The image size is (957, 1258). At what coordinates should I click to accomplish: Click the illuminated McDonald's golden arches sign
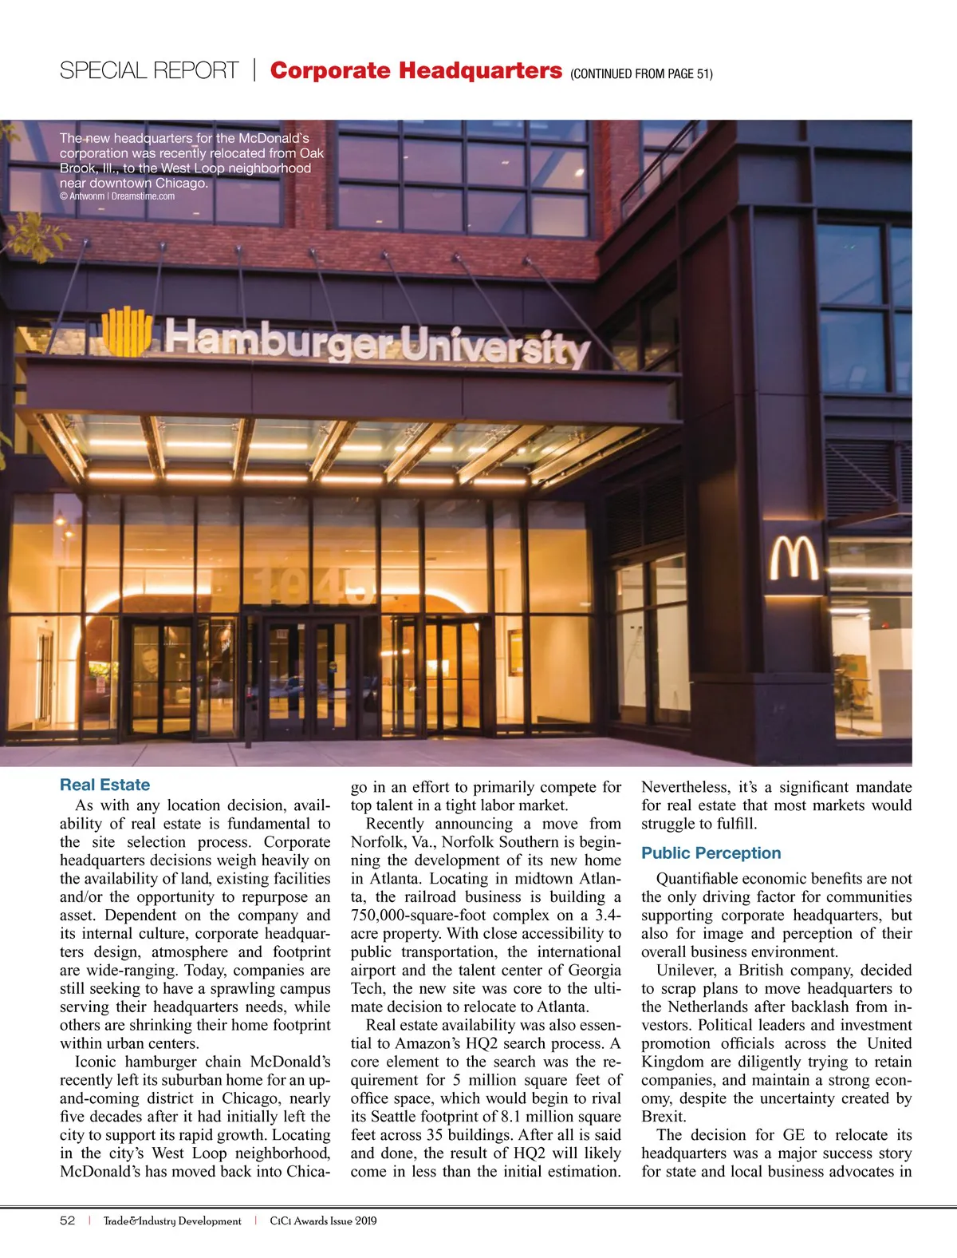pos(794,559)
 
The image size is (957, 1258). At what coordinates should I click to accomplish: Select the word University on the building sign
pos(494,346)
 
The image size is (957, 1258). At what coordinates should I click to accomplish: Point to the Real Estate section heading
pos(104,785)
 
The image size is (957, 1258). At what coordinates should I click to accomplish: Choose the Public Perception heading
pos(711,853)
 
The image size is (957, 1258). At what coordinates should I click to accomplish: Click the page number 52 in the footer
pos(67,1220)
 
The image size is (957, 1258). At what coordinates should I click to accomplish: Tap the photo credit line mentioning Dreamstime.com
pos(117,196)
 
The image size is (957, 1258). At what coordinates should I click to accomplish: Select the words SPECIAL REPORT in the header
pos(149,71)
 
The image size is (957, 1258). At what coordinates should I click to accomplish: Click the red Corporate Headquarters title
pos(415,70)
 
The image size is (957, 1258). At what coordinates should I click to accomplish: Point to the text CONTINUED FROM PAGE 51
pos(641,74)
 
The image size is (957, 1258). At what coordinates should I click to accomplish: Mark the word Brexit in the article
pos(663,1117)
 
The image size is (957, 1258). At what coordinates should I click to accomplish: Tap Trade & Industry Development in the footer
pos(172,1220)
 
